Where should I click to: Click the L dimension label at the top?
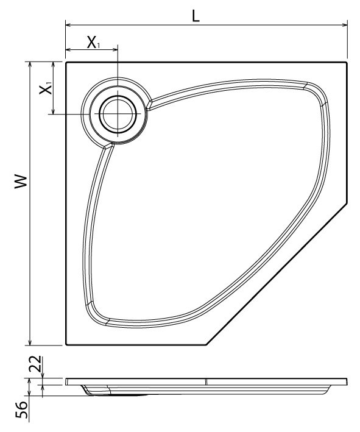pos(195,16)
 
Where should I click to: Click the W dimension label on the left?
pos(21,181)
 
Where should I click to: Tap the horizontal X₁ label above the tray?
pos(93,42)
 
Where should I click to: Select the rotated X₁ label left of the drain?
pos(46,89)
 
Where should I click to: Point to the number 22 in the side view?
pos(36,364)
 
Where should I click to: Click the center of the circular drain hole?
pos(117,115)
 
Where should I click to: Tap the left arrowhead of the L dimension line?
pos(68,26)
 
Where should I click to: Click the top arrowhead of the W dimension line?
pos(29,65)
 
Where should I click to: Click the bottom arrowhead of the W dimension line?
pos(29,342)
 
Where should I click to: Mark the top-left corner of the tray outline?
pos(66,62)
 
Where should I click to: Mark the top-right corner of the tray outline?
pos(347,62)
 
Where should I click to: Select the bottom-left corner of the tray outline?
pos(66,345)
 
